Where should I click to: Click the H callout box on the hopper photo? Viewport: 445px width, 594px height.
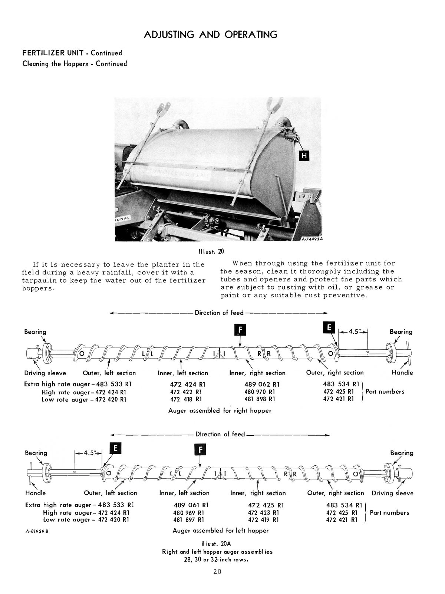(x=304, y=156)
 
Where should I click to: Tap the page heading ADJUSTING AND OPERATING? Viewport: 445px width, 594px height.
(x=210, y=34)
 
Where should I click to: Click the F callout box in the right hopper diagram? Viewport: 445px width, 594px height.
(x=240, y=329)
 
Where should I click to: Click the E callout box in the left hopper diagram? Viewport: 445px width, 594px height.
(x=115, y=448)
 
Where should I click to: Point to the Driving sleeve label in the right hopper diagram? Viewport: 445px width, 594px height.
(x=45, y=373)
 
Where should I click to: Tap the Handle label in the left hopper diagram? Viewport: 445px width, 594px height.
(x=36, y=493)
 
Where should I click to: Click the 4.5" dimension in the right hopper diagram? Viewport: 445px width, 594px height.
(x=354, y=331)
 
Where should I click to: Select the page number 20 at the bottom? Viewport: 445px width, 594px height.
(x=217, y=571)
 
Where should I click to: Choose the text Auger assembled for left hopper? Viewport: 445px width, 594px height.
(x=221, y=531)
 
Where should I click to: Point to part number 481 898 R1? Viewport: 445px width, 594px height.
(x=260, y=399)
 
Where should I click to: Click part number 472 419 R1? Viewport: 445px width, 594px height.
(x=266, y=520)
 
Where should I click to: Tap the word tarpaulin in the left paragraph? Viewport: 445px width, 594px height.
(x=39, y=280)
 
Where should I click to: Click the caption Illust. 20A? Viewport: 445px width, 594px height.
(x=216, y=544)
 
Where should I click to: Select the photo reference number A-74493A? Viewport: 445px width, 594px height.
(x=311, y=239)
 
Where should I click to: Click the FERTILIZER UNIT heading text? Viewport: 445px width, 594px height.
(x=53, y=53)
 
